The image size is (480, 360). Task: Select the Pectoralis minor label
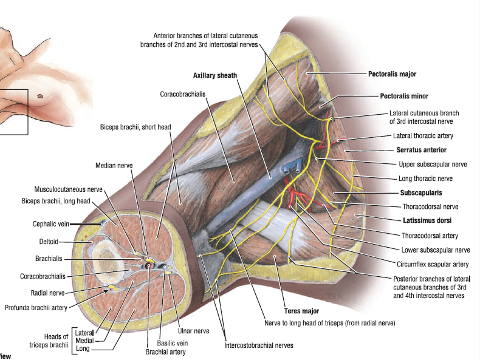(404, 96)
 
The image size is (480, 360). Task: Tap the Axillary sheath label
(215, 75)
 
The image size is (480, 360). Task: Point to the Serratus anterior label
(422, 149)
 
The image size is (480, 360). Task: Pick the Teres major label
(301, 311)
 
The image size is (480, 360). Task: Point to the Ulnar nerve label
(193, 331)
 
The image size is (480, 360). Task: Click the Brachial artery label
(165, 351)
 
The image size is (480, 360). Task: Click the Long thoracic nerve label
(425, 178)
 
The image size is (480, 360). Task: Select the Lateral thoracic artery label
(423, 135)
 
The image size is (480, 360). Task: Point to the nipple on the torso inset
(41, 95)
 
